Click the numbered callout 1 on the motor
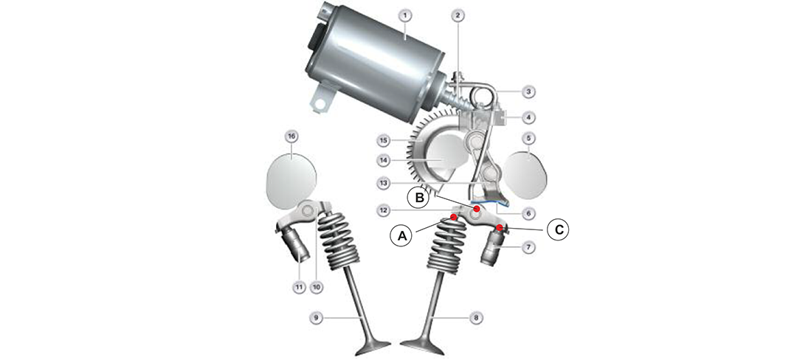coord(404,15)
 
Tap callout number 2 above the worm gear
coord(458,15)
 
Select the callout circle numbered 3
coord(528,92)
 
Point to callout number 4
coord(528,117)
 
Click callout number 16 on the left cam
coord(291,136)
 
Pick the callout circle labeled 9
coord(316,318)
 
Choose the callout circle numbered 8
coord(476,318)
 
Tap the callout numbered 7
coord(528,247)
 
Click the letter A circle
coord(403,235)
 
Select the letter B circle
coord(420,198)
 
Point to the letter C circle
coord(559,229)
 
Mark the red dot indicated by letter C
coord(500,226)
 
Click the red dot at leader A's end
coord(453,218)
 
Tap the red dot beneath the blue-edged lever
coord(477,209)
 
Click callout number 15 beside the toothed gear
coord(384,139)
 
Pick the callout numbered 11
coord(300,288)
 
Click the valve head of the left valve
coord(371,350)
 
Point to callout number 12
coord(384,210)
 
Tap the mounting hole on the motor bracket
coord(320,104)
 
